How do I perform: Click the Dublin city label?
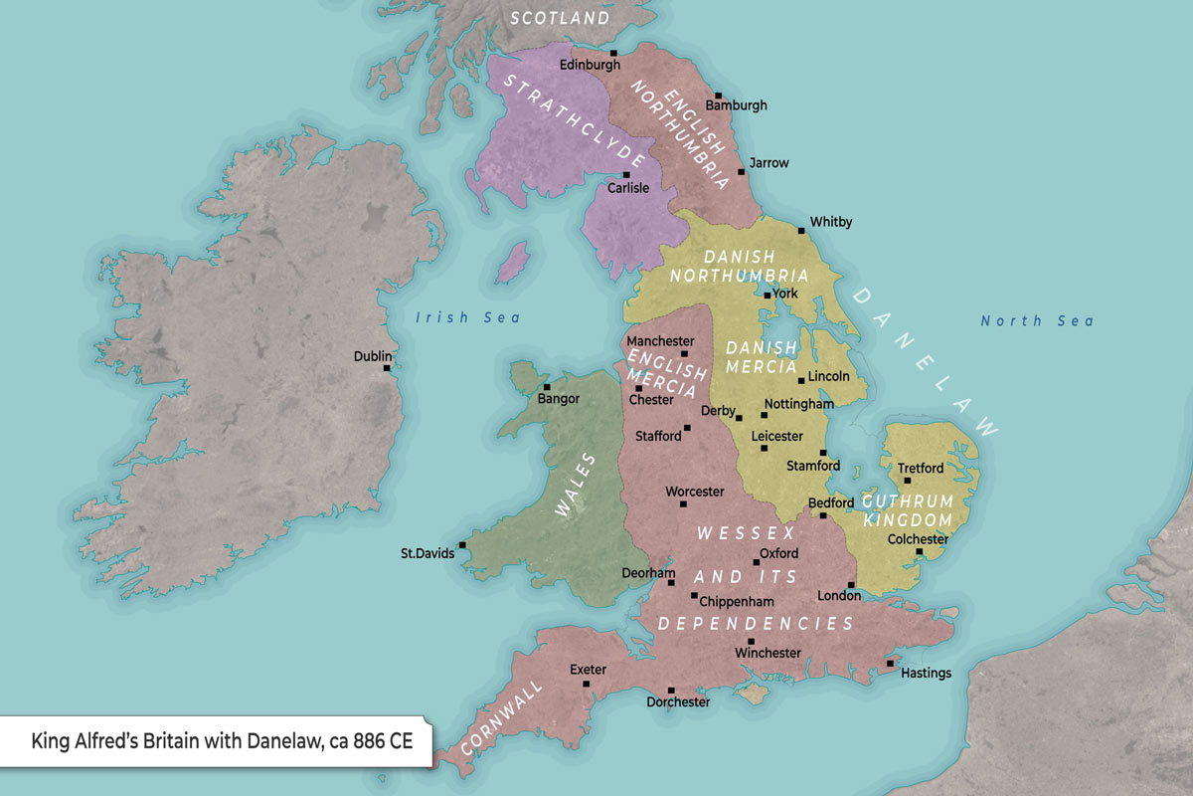[373, 356]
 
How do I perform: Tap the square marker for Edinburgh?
[613, 53]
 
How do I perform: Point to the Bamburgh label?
[736, 104]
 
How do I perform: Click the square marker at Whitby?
[801, 231]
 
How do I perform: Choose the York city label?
[784, 294]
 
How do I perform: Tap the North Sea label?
[1037, 320]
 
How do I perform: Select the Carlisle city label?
[628, 188]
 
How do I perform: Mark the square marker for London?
[851, 585]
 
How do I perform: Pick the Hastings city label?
[926, 673]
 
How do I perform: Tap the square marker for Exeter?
[587, 685]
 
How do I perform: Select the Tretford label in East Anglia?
[921, 468]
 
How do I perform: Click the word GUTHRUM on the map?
[907, 500]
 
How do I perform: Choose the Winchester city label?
[767, 653]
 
